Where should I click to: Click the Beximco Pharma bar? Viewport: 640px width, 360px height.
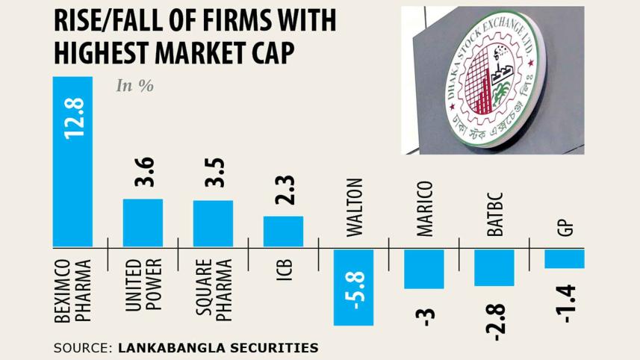tap(72, 161)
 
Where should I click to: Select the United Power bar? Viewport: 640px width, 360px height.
tap(143, 223)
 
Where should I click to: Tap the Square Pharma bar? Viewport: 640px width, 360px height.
tap(213, 223)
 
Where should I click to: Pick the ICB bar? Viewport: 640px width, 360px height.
tap(283, 232)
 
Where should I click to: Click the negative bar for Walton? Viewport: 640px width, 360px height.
tap(353, 288)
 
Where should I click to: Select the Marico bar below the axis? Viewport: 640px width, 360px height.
tap(424, 269)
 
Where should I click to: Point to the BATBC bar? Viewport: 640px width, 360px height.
tap(494, 267)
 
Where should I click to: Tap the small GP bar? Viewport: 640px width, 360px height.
tap(564, 258)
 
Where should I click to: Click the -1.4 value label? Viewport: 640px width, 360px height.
tap(565, 303)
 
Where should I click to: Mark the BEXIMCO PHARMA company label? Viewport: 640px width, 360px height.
tap(72, 291)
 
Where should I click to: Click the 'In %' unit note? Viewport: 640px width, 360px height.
tap(135, 86)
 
